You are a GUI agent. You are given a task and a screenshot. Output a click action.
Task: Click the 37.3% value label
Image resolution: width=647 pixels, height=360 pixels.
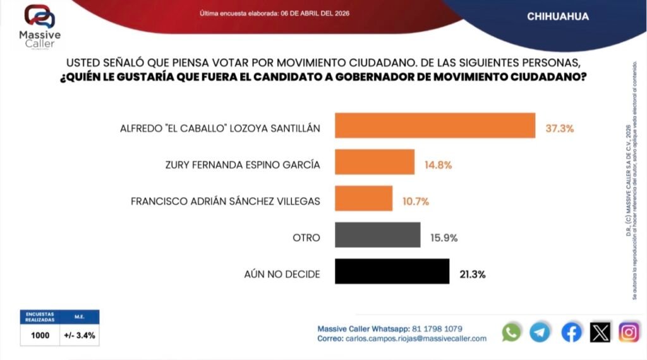coord(559,128)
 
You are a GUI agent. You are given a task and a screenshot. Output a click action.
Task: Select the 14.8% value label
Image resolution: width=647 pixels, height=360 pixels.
coord(438,165)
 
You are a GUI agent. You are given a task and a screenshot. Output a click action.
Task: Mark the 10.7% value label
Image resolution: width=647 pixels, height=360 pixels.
coord(416,202)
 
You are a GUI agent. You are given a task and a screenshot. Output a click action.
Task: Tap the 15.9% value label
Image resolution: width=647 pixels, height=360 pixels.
coord(444,238)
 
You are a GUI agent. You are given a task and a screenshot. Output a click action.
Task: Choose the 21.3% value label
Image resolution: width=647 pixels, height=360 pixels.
coord(473,275)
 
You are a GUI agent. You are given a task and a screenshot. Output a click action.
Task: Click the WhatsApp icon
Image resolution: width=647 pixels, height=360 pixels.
coord(511,332)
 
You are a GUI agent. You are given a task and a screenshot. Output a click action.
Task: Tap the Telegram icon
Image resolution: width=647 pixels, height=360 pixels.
coord(540,332)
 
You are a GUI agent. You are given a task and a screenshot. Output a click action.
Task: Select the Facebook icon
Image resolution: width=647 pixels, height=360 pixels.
coord(571,332)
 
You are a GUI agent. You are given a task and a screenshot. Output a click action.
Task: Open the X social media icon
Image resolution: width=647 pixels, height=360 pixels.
coord(600,332)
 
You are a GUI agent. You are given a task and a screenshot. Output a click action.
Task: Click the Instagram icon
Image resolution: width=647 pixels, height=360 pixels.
coord(629,332)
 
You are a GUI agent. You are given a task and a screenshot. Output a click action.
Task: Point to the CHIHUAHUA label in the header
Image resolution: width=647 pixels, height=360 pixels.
coord(558,17)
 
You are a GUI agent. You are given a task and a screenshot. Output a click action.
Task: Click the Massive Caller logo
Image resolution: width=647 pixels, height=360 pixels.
coord(39,26)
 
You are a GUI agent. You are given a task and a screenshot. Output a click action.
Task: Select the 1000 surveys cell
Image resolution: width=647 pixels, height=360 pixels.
coord(40,335)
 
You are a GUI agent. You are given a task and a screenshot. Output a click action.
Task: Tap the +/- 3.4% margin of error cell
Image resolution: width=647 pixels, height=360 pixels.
coord(80,335)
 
